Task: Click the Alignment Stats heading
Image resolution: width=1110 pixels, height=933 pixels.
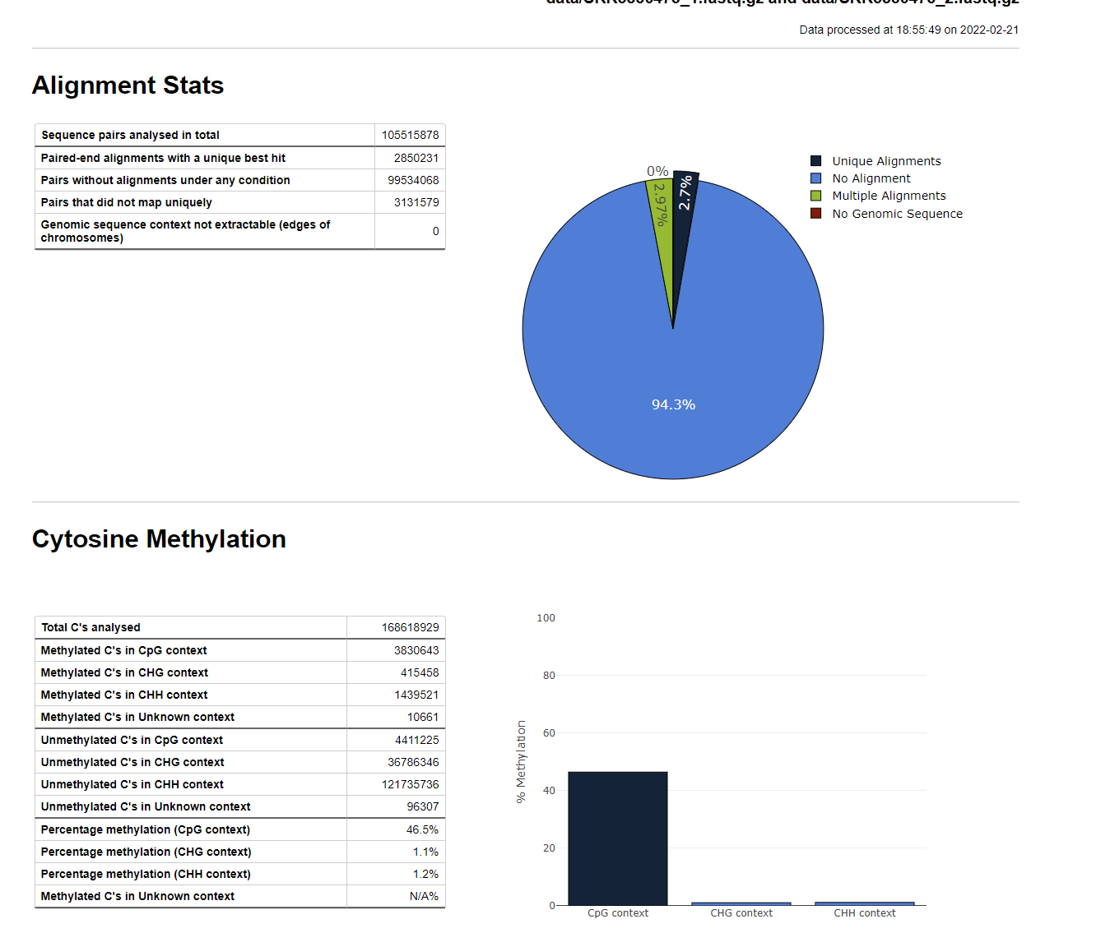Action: click(x=128, y=85)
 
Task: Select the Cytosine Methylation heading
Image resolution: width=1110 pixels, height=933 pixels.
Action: click(x=159, y=539)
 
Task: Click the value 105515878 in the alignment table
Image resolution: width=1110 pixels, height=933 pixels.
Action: click(x=410, y=135)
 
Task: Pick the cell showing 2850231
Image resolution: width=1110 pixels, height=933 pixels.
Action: click(x=416, y=158)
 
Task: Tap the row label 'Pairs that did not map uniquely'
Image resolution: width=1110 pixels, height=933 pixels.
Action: click(x=127, y=202)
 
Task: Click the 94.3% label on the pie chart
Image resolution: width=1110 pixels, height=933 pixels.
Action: click(x=673, y=404)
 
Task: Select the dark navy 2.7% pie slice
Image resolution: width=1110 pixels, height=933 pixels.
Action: click(x=683, y=206)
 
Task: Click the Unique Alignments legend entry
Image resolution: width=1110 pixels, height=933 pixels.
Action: click(x=885, y=161)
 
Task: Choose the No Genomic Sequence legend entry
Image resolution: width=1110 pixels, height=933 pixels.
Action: click(x=896, y=214)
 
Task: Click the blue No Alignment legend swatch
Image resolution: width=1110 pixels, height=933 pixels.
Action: click(x=816, y=178)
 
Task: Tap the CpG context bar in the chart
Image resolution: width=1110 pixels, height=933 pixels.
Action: click(x=617, y=838)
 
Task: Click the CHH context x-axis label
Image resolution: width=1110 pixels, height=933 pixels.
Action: click(x=864, y=913)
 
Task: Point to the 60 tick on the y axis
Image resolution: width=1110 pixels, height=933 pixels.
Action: click(x=549, y=733)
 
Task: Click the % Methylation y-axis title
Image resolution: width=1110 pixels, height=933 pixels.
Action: click(x=521, y=762)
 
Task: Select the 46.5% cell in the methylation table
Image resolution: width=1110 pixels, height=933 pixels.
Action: click(x=422, y=829)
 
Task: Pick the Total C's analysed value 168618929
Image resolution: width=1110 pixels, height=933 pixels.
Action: click(x=410, y=627)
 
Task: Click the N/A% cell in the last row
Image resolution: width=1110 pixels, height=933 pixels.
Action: click(x=424, y=896)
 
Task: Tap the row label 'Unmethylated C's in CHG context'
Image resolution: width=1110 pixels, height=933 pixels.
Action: click(x=132, y=762)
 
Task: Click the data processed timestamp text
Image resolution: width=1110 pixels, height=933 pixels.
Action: click(x=908, y=30)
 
